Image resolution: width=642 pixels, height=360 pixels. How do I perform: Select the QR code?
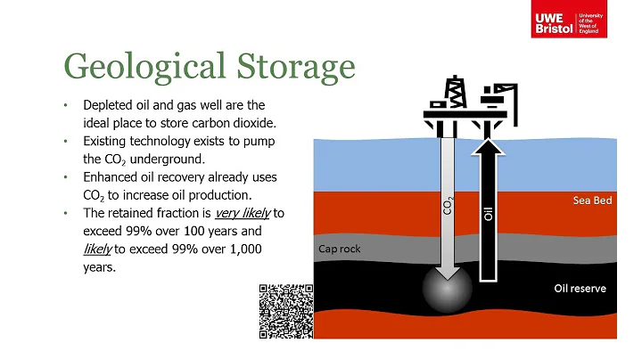[x=286, y=309]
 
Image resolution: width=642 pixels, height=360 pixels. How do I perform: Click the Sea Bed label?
[x=591, y=201]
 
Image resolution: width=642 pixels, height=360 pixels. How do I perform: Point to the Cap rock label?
[x=340, y=249]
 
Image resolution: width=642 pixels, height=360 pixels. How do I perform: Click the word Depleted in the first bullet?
[x=107, y=105]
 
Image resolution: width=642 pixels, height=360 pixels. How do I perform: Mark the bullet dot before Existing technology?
[x=65, y=141]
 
